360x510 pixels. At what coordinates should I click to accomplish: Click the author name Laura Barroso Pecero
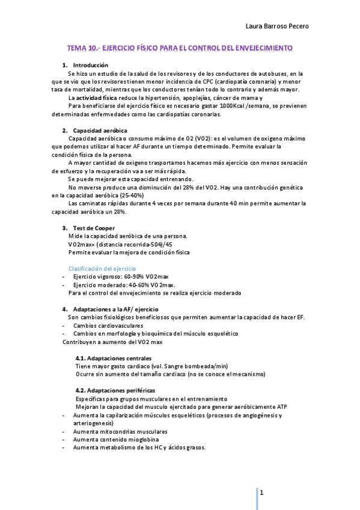279,26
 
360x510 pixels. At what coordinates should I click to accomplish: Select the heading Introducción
90,65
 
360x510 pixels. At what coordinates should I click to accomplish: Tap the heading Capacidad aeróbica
100,131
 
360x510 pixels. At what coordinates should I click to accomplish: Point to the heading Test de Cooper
94,228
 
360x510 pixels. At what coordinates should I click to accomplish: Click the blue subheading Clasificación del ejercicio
102,268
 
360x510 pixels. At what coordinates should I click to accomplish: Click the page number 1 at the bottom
262,493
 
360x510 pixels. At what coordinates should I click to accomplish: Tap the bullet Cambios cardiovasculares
108,325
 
